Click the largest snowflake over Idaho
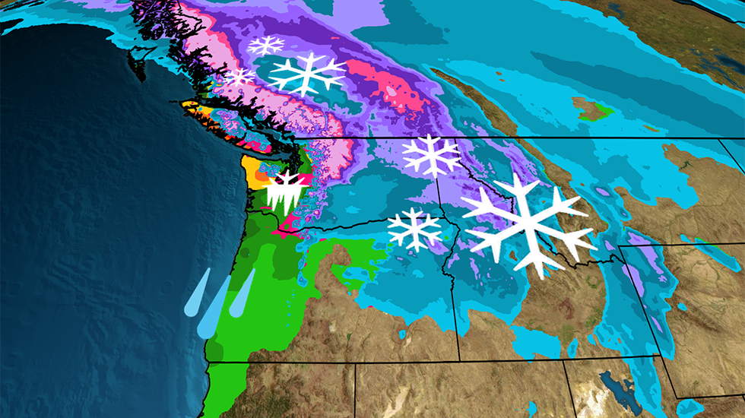tap(529, 225)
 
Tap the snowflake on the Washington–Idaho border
tap(431, 155)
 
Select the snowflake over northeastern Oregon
tap(414, 229)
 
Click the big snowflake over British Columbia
tap(307, 74)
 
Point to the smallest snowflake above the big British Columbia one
tap(265, 46)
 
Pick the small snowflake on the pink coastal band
tap(241, 77)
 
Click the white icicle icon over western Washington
tap(287, 192)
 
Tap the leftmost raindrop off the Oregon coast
tap(195, 293)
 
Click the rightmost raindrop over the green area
tap(242, 292)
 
